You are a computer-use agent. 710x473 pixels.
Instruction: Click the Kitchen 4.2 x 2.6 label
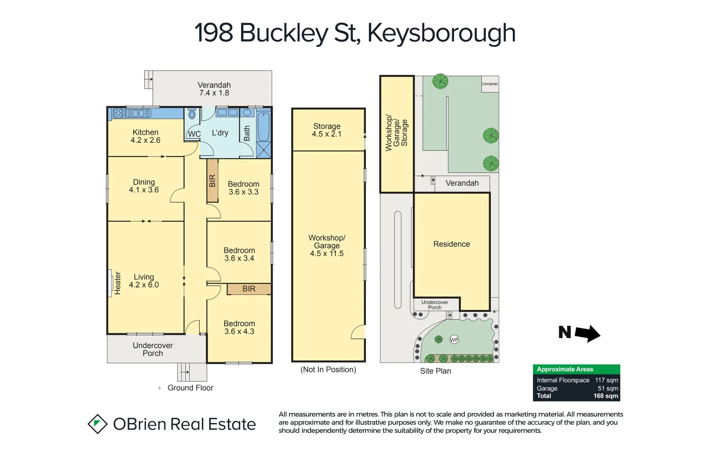pyautogui.click(x=146, y=136)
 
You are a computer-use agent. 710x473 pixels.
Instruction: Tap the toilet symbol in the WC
pyautogui.click(x=192, y=115)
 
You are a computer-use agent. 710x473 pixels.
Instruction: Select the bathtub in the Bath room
pyautogui.click(x=263, y=127)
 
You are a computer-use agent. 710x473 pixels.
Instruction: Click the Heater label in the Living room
pyautogui.click(x=117, y=283)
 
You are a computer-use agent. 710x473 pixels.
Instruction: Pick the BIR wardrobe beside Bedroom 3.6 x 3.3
pyautogui.click(x=213, y=180)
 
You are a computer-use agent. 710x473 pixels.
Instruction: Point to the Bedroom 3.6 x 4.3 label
pyautogui.click(x=239, y=328)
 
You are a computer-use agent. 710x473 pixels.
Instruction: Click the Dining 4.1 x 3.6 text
pyautogui.click(x=144, y=186)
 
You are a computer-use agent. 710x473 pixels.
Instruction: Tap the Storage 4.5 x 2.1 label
pyautogui.click(x=327, y=130)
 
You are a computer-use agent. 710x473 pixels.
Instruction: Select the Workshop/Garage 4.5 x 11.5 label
pyautogui.click(x=327, y=245)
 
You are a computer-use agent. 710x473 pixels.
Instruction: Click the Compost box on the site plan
pyautogui.click(x=490, y=84)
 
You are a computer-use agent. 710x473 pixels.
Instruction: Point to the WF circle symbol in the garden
pyautogui.click(x=454, y=339)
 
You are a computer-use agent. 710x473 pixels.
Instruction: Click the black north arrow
pyautogui.click(x=587, y=333)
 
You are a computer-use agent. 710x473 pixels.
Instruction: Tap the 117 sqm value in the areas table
pyautogui.click(x=607, y=380)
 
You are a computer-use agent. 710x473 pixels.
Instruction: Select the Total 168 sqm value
pyautogui.click(x=606, y=396)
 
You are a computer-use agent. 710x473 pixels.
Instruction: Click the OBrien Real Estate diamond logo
pyautogui.click(x=98, y=424)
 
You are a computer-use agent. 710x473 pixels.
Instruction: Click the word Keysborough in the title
pyautogui.click(x=441, y=33)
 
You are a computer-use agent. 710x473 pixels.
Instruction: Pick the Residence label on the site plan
pyautogui.click(x=451, y=244)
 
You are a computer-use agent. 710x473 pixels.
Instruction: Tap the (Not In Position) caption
pyautogui.click(x=328, y=370)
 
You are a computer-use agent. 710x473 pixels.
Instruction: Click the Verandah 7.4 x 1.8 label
pyautogui.click(x=214, y=89)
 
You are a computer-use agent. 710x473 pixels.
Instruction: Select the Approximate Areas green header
pyautogui.click(x=576, y=369)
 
